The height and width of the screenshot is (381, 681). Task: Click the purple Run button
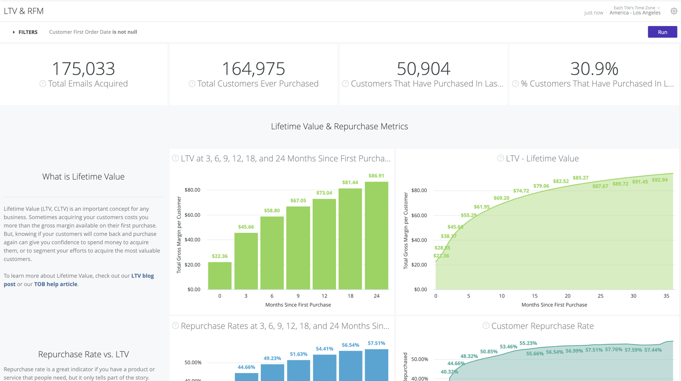click(662, 32)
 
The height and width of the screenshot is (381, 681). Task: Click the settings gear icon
click(673, 11)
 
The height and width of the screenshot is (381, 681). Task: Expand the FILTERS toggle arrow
click(14, 32)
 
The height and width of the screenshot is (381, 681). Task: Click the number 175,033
click(84, 69)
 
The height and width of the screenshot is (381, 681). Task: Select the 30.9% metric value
click(594, 69)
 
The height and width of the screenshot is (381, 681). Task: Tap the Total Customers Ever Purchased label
click(258, 84)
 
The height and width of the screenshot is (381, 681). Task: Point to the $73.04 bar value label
click(324, 193)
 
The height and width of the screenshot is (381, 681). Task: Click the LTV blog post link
click(142, 276)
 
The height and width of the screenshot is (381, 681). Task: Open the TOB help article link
click(55, 284)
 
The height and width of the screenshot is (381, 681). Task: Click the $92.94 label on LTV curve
click(660, 180)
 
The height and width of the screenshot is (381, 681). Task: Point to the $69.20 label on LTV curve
click(501, 198)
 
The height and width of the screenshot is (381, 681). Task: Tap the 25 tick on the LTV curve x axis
click(600, 296)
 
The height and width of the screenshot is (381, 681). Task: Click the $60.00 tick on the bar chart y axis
click(192, 215)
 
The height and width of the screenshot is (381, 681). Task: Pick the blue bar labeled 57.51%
click(376, 365)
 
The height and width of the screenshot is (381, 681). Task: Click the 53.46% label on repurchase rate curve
click(508, 347)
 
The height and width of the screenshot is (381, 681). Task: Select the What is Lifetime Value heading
click(84, 177)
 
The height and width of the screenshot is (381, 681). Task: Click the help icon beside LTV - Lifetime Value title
click(500, 158)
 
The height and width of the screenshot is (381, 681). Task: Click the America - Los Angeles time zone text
click(635, 13)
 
